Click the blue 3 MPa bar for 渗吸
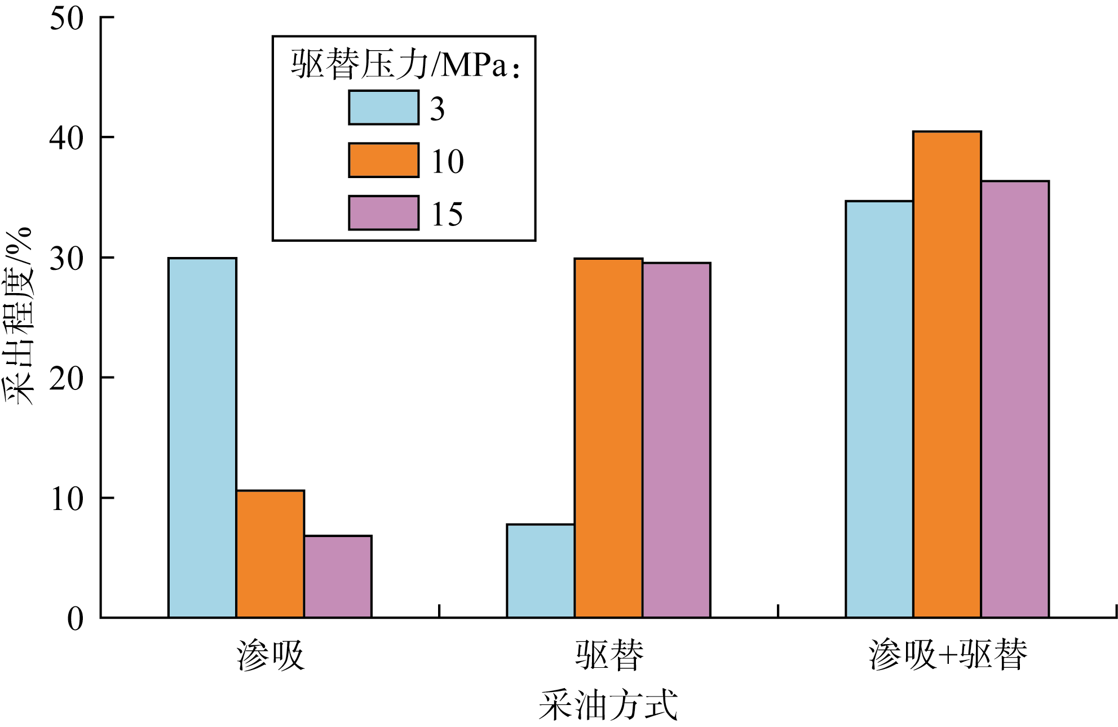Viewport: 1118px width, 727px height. [202, 437]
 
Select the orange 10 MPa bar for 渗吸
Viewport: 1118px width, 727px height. [270, 554]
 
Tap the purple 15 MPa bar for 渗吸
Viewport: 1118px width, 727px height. [338, 577]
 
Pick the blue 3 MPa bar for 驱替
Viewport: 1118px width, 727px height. [541, 571]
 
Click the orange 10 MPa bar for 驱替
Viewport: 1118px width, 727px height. [608, 438]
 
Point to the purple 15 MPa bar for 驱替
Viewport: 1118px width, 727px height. [676, 440]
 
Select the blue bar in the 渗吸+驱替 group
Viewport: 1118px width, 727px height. [879, 409]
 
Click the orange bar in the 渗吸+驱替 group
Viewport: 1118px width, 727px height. [947, 374]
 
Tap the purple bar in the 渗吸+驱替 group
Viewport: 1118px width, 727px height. [1015, 399]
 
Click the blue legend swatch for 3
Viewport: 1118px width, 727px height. [383, 108]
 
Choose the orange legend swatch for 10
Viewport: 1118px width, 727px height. [383, 160]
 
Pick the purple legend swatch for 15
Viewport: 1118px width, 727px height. [383, 213]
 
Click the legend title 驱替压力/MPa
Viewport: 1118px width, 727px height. [404, 64]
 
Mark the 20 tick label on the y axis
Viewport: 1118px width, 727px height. [67, 378]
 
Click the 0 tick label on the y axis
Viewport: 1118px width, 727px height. [75, 619]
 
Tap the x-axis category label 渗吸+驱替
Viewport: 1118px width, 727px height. [948, 655]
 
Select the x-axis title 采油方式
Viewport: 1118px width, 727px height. [608, 704]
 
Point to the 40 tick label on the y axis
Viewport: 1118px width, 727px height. [67, 138]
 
